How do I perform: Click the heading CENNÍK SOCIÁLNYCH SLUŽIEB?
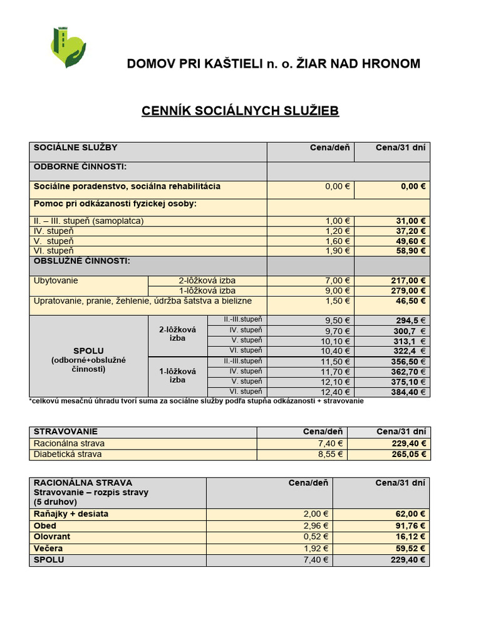tap(240, 111)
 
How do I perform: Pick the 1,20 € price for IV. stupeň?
tap(338, 231)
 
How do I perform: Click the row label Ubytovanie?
tap(56, 281)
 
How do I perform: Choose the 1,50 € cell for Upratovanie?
tap(338, 302)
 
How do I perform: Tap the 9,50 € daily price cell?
tap(338, 321)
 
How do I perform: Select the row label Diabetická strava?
tap(68, 454)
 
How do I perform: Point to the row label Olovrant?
tap(52, 537)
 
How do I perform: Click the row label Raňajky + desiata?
tap(71, 514)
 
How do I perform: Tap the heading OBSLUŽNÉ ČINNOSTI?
tap(81, 261)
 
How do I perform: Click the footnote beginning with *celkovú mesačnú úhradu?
tap(196, 401)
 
